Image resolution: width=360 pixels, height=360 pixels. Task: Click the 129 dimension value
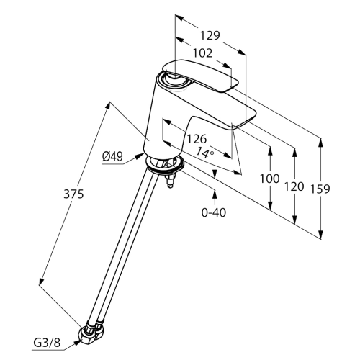(x=210, y=35)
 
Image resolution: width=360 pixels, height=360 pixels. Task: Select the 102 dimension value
(x=203, y=53)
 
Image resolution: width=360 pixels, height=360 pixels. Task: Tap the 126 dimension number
(x=197, y=139)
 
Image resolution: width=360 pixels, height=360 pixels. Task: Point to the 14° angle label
(x=205, y=153)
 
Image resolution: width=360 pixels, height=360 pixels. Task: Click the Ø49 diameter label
(x=112, y=157)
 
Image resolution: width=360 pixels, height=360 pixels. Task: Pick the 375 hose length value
(x=73, y=194)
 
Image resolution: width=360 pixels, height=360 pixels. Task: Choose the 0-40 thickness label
(x=214, y=212)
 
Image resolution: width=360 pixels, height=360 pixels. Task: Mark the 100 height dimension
(x=270, y=179)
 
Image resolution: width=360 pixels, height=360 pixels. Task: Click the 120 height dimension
(x=294, y=186)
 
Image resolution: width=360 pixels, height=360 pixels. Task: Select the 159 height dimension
(x=320, y=189)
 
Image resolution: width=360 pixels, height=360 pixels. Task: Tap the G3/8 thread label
(x=47, y=343)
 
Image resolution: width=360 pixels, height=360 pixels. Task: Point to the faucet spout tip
(x=243, y=120)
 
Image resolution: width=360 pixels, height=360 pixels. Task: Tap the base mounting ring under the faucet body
(x=165, y=165)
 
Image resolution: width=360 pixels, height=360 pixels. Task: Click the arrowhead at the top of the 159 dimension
(x=320, y=143)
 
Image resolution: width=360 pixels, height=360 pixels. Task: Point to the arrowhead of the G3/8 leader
(x=77, y=342)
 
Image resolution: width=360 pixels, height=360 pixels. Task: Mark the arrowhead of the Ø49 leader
(x=139, y=156)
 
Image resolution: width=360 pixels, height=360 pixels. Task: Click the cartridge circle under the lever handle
(x=174, y=81)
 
